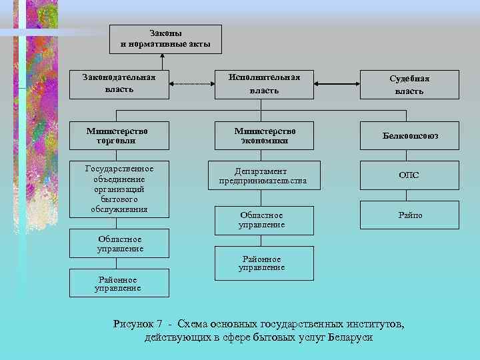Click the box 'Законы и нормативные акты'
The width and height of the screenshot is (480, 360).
click(x=165, y=39)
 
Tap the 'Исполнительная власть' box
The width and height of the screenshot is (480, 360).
click(x=263, y=83)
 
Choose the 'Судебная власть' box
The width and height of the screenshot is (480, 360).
click(x=409, y=84)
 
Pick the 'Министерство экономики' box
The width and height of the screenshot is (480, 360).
click(x=263, y=135)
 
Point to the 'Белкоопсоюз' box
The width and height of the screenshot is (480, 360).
click(x=409, y=135)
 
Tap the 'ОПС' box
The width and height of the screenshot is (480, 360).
click(x=409, y=175)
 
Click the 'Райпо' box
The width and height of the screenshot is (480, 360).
click(x=409, y=215)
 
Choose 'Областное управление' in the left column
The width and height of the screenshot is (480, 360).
click(x=120, y=244)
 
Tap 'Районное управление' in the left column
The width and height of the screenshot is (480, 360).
click(x=120, y=284)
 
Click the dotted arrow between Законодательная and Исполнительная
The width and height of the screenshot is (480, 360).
click(x=191, y=84)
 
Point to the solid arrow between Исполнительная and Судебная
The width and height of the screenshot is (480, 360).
click(x=337, y=84)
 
